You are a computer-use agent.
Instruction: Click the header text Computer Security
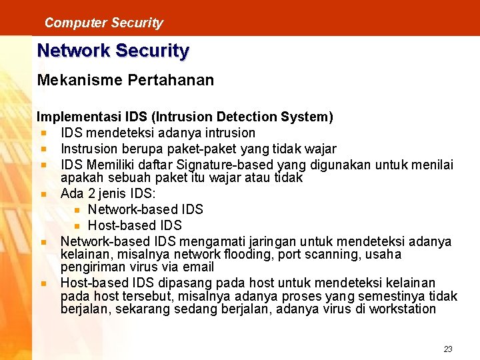coord(103,23)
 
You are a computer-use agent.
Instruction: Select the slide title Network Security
coord(113,51)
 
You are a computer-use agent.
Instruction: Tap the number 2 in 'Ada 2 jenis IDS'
coord(92,194)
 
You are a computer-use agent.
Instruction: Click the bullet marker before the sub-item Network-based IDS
coord(77,210)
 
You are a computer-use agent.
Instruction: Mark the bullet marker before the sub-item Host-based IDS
coord(77,226)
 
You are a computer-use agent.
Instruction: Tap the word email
coord(199,267)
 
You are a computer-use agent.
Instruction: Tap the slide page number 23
coord(447,349)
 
